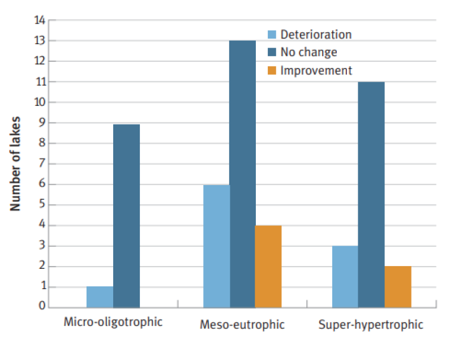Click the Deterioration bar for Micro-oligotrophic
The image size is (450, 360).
tap(100, 297)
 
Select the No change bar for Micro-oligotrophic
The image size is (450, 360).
tap(126, 216)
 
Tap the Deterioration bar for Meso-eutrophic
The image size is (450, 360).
tap(216, 246)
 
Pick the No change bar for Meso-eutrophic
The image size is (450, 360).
tap(242, 174)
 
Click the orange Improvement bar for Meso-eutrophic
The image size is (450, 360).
tap(268, 266)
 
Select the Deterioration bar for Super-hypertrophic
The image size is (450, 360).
tap(345, 277)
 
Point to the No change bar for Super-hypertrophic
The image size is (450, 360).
tap(371, 195)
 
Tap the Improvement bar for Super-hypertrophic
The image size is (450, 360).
tap(397, 286)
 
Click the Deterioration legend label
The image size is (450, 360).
tap(316, 35)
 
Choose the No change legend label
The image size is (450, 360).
tap(308, 53)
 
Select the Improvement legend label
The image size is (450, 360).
tap(316, 71)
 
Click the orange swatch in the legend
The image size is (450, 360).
tap(272, 71)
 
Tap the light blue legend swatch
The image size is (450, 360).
tap(272, 35)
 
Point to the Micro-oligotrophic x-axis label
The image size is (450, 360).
tap(113, 322)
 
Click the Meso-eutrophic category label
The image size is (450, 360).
tap(242, 325)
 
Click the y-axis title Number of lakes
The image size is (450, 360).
tap(15, 164)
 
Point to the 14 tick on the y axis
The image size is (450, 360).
tap(39, 20)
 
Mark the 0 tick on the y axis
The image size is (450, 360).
tap(42, 307)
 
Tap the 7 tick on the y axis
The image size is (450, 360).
tap(42, 164)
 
